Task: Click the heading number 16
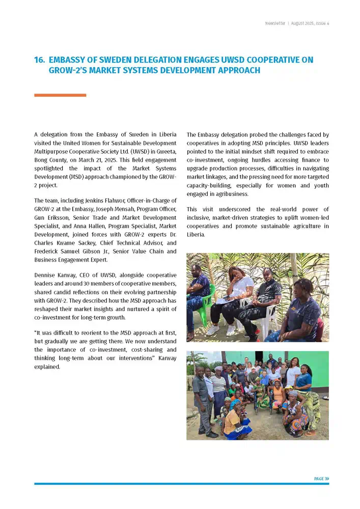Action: [39, 60]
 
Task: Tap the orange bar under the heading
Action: [60, 95]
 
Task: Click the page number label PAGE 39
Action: [321, 478]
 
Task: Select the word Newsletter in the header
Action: [275, 23]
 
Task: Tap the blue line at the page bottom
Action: [181, 484]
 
